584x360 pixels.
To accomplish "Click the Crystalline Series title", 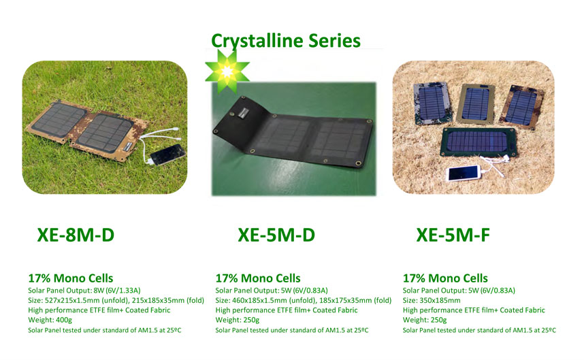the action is click(x=286, y=42).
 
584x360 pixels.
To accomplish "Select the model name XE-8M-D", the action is click(x=76, y=235).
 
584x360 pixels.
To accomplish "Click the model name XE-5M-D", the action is click(x=276, y=235).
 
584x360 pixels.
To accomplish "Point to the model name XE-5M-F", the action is click(x=453, y=235).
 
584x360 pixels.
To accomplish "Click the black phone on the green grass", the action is click(x=167, y=154).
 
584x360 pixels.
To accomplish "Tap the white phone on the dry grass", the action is click(x=464, y=173).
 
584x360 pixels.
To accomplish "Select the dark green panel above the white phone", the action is click(x=478, y=142).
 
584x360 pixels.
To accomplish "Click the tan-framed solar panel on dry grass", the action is click(x=475, y=103).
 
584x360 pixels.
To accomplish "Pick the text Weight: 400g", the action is click(x=50, y=320).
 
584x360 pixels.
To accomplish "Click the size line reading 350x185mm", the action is click(x=432, y=300).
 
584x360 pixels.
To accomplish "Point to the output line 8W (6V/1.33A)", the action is click(x=84, y=291).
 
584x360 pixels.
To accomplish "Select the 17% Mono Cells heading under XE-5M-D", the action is click(x=258, y=278).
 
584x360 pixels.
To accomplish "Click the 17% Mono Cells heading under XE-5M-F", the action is click(x=445, y=278).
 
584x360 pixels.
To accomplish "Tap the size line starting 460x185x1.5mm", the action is click(x=304, y=300).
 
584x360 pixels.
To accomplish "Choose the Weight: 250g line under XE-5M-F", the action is click(x=425, y=320).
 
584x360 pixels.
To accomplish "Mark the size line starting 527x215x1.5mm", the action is click(x=116, y=300).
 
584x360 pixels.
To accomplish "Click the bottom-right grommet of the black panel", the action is click(x=359, y=163).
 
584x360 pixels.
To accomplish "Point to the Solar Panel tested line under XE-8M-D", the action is click(x=105, y=330).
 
